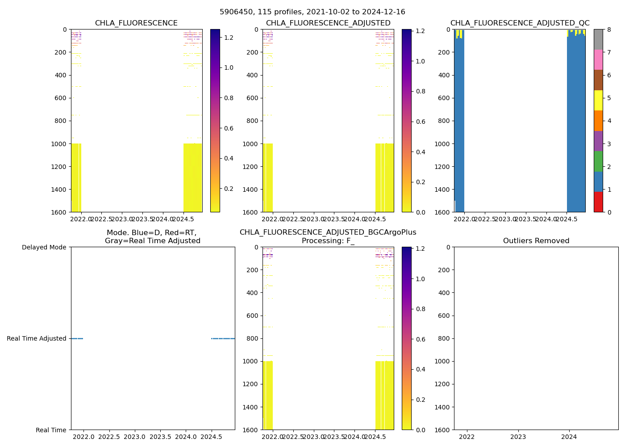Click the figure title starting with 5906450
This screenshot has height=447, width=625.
312,12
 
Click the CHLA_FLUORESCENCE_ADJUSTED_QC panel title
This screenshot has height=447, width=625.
520,23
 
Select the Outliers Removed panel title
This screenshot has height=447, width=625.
536,241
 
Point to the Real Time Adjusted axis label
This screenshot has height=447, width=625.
37,338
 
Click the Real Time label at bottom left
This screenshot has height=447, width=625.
51,430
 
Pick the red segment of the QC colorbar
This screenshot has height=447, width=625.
598,202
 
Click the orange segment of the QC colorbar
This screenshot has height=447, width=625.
598,121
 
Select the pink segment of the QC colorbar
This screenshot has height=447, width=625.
598,60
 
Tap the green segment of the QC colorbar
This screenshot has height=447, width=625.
598,161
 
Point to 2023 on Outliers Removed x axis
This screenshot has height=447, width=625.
518,437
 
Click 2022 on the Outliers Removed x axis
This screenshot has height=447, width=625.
467,437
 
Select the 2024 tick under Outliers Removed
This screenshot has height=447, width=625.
569,437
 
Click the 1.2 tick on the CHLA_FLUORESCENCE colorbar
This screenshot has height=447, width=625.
229,38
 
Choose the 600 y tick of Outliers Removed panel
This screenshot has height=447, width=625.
445,316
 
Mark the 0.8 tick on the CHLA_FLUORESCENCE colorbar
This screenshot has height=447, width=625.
229,98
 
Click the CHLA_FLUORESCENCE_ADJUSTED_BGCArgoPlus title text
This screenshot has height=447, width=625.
328,232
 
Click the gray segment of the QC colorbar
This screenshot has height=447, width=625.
598,39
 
